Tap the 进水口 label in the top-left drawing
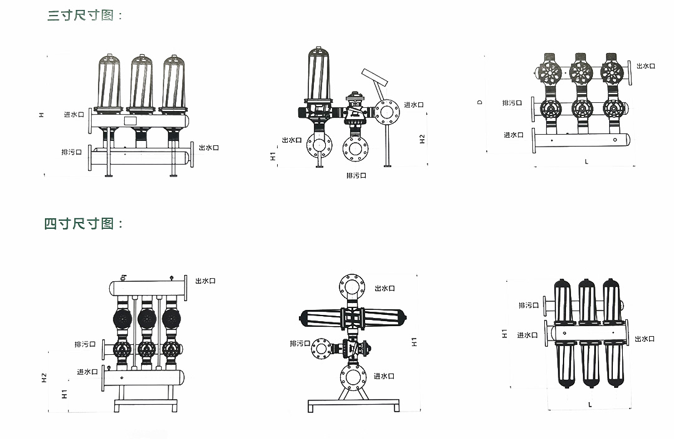point(73,115)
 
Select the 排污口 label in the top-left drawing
point(71,152)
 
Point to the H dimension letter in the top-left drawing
point(41,115)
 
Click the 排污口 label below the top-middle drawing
point(356,176)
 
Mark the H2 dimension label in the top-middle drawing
point(422,139)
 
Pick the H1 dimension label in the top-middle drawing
point(273,156)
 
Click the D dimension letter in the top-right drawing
point(480,102)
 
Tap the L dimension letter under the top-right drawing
point(586,162)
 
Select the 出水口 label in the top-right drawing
point(646,65)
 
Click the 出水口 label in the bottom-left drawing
point(205,281)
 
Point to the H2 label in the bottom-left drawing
point(44,378)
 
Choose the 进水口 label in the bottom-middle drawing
point(384,376)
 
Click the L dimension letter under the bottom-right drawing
point(590,405)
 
